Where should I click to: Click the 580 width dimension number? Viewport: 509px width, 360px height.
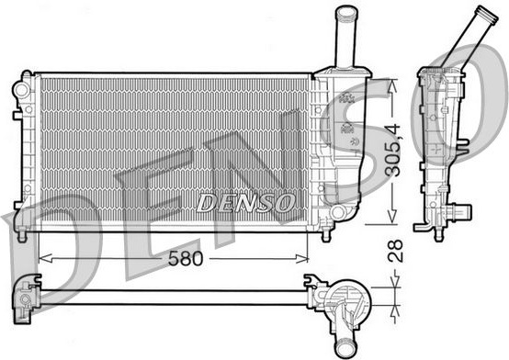[x=186, y=259]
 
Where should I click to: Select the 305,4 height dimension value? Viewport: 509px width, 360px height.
[x=394, y=151]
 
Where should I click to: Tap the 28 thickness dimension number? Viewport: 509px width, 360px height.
[x=396, y=251]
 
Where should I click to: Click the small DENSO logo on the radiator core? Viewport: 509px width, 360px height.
[x=245, y=203]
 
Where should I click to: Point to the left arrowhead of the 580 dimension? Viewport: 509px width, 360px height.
[x=45, y=258]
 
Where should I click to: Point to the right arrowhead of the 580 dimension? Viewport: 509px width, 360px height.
[x=301, y=258]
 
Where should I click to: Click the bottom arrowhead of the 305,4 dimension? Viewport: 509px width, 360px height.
[x=392, y=216]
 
